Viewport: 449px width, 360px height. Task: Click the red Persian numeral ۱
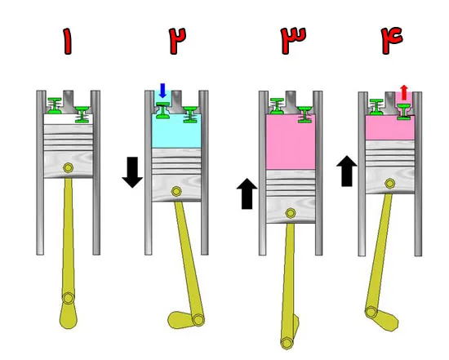[68, 41]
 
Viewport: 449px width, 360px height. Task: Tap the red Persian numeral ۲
[177, 40]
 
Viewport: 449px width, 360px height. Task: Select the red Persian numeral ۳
[293, 40]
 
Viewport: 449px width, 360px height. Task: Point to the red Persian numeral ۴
[392, 40]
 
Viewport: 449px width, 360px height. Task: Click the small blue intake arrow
[162, 91]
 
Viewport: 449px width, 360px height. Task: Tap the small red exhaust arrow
[404, 92]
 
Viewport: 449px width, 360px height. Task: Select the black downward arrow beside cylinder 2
[132, 172]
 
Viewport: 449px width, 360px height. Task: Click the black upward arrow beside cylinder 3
[247, 193]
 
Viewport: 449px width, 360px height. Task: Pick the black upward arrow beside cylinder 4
[347, 171]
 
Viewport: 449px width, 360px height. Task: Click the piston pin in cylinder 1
[68, 167]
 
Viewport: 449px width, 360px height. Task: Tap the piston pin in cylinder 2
[176, 191]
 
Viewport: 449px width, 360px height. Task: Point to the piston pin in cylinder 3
[291, 213]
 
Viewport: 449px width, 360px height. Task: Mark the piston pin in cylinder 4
[390, 184]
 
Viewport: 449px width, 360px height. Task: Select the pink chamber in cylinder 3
[291, 142]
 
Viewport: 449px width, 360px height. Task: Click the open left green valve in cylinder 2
[163, 110]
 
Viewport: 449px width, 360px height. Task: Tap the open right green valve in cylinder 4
[404, 112]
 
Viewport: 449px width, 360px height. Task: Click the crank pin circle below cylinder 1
[69, 298]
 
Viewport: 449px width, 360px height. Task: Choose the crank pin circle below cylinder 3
[287, 343]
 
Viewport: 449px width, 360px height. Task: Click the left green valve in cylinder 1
[55, 105]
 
